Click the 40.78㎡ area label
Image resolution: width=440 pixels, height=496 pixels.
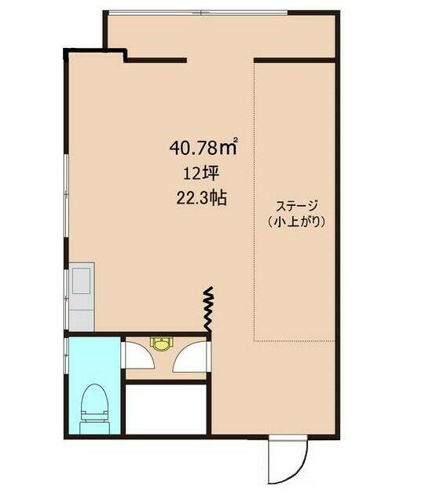click(203, 148)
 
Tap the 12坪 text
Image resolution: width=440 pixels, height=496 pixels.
click(201, 174)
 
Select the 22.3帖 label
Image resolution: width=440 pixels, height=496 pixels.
click(201, 199)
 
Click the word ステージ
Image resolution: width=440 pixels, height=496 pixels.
click(296, 206)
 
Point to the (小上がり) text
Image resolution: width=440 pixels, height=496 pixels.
click(296, 222)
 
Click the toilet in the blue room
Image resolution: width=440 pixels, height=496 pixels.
click(95, 409)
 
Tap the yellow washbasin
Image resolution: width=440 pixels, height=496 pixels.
click(162, 344)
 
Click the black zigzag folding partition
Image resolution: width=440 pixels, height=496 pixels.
click(208, 310)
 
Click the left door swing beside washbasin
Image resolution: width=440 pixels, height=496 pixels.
click(139, 355)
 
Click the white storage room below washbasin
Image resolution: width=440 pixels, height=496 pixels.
click(166, 409)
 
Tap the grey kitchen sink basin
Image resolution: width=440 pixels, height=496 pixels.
click(81, 281)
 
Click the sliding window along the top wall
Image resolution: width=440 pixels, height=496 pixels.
click(197, 13)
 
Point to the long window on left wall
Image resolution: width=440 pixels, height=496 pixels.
click(66, 196)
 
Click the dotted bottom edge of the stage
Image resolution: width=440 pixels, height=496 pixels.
click(295, 341)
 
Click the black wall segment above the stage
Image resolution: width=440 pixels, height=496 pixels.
click(295, 60)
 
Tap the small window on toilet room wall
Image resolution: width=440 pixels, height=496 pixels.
click(66, 357)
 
